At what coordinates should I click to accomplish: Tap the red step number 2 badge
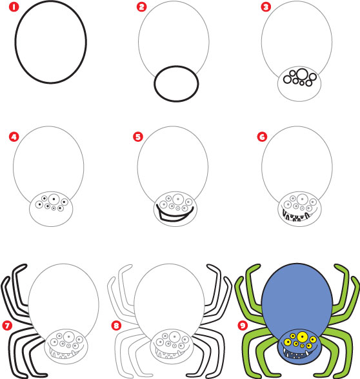(142, 8)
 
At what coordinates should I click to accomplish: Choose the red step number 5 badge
(137, 137)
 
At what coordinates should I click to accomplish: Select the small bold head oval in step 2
(175, 83)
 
